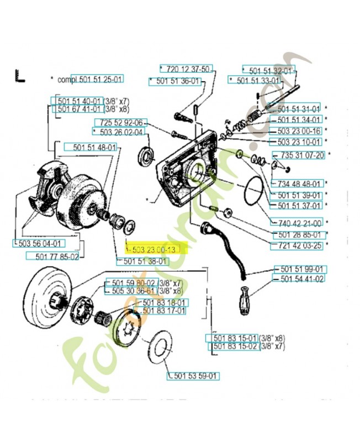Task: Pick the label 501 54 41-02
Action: click(301, 280)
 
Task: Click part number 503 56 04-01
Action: click(38, 243)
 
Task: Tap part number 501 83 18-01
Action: click(164, 302)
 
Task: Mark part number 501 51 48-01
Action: click(91, 147)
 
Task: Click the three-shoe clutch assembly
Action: click(47, 185)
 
